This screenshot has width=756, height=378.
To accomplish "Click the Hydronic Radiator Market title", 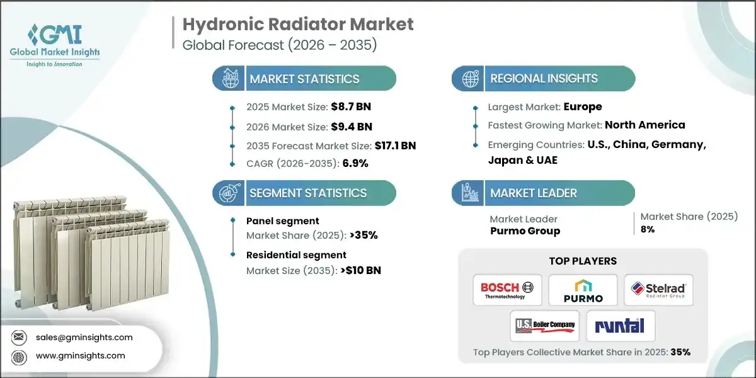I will pyautogui.click(x=298, y=25).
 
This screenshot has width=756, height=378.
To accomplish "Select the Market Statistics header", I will pyautogui.click(x=304, y=79).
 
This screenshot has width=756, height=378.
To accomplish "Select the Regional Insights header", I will pyautogui.click(x=544, y=79).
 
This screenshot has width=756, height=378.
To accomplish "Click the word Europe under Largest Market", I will pyautogui.click(x=583, y=106).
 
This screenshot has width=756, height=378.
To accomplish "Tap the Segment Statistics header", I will pyautogui.click(x=307, y=193).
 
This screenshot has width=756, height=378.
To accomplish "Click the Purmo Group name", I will pyautogui.click(x=525, y=231).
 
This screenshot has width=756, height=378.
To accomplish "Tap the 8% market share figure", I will pyautogui.click(x=648, y=229).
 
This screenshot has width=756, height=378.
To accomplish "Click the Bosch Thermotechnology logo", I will pyautogui.click(x=507, y=290).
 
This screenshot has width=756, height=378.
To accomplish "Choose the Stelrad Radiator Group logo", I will pyautogui.click(x=658, y=290).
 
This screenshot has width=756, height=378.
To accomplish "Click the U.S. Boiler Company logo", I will pyautogui.click(x=545, y=326).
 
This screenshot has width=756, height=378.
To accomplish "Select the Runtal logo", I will pyautogui.click(x=621, y=326).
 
